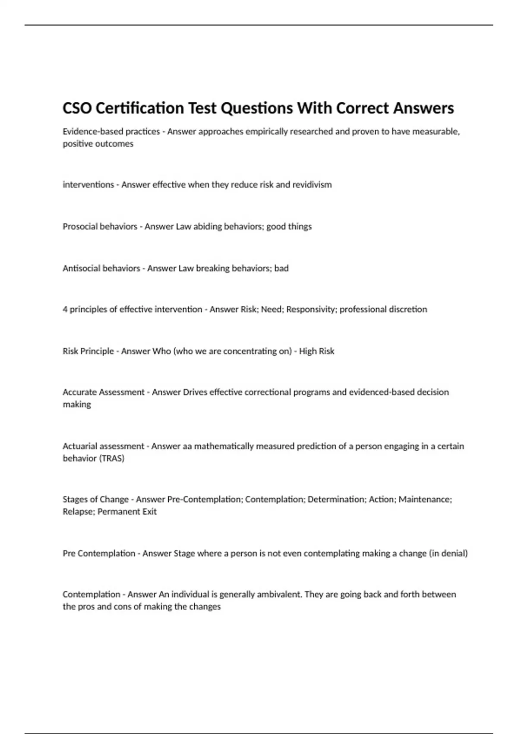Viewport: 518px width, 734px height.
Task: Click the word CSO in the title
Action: [x=77, y=108]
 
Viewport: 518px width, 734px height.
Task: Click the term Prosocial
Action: [x=80, y=227]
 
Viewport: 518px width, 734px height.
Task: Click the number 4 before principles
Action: [x=65, y=310]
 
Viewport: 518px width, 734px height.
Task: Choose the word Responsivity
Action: [x=311, y=310]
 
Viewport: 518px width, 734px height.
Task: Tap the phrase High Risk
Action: [x=316, y=351]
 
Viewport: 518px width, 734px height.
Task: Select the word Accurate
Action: [x=79, y=392]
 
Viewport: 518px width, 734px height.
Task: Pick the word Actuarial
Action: [x=80, y=446]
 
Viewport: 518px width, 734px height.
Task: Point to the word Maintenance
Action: [x=425, y=500]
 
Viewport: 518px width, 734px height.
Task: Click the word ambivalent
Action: [x=279, y=595]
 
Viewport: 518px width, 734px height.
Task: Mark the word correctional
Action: [x=268, y=392]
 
